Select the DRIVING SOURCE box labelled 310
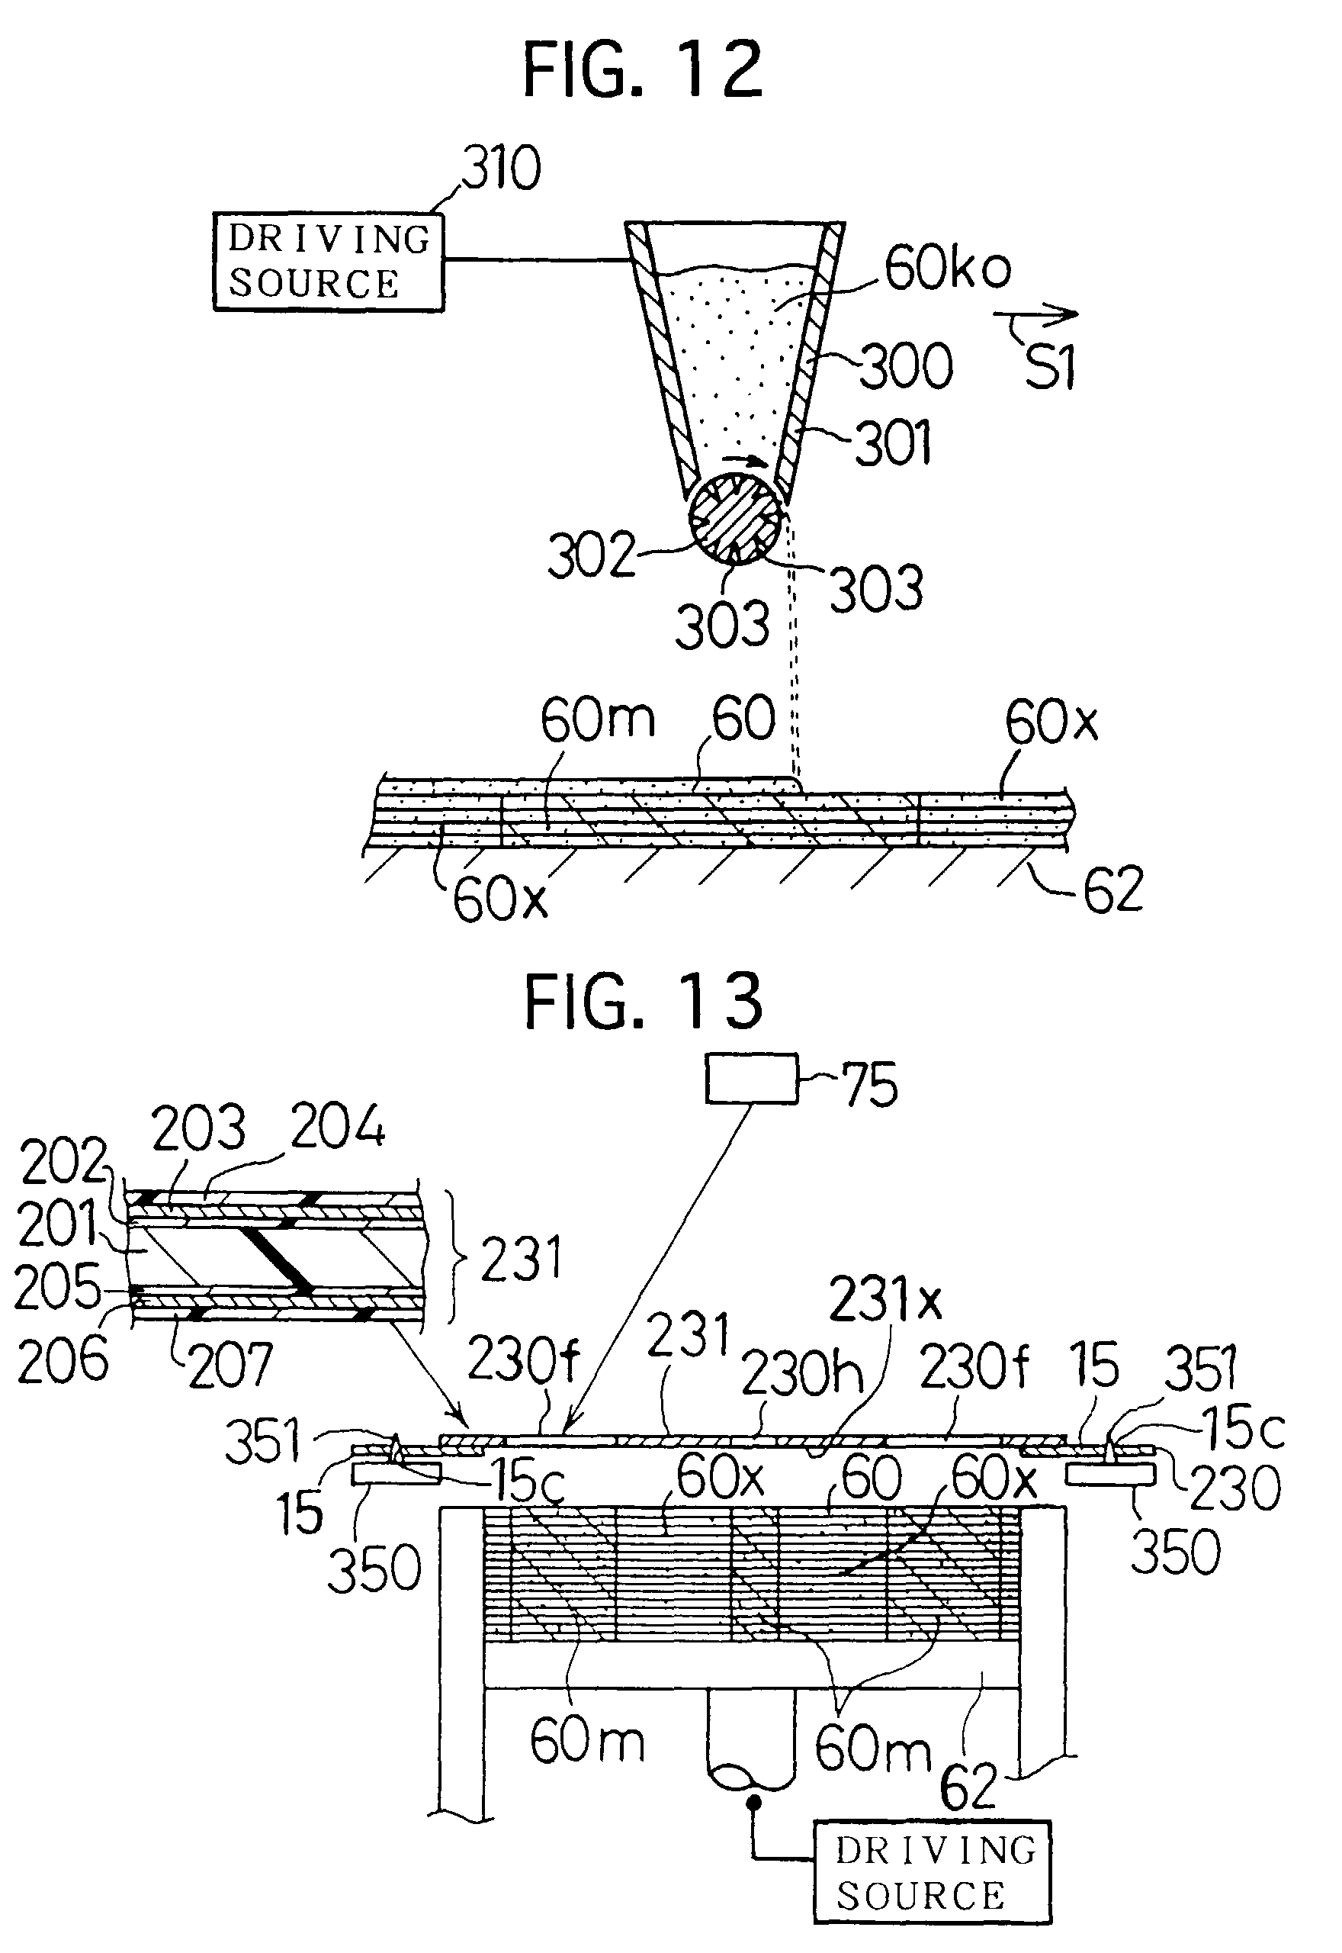click(328, 262)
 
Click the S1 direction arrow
click(1036, 315)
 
